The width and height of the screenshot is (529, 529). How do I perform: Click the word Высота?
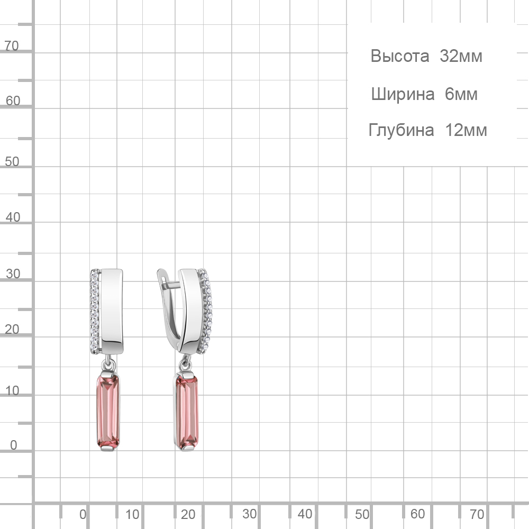(400, 56)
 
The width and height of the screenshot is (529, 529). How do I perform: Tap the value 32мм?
(461, 56)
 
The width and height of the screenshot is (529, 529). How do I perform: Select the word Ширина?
(403, 94)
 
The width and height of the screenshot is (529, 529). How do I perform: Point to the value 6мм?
(461, 94)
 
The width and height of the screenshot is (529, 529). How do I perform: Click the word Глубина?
(401, 130)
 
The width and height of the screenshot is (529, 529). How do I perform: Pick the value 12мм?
(466, 130)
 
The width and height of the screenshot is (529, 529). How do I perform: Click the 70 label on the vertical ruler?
(12, 46)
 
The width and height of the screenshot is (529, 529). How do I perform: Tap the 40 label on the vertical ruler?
(13, 217)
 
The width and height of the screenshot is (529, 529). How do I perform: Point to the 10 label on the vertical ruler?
(12, 391)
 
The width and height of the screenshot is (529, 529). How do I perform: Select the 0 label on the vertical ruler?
(14, 445)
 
